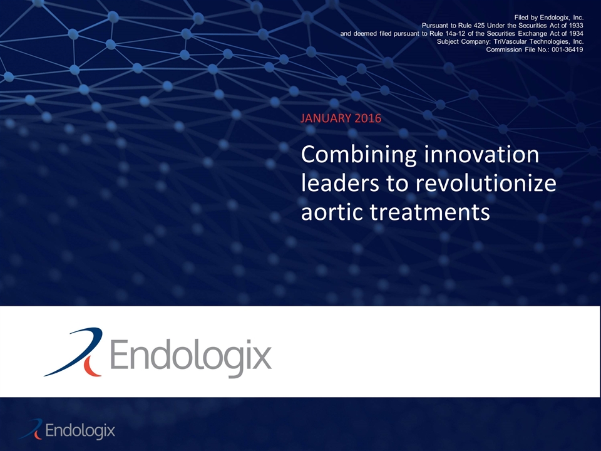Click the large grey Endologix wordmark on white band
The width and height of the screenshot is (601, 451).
[x=191, y=356]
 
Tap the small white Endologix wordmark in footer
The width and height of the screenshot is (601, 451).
[x=81, y=431]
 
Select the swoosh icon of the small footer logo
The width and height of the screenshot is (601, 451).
[x=32, y=429]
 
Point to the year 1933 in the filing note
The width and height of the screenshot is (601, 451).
[x=574, y=25]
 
